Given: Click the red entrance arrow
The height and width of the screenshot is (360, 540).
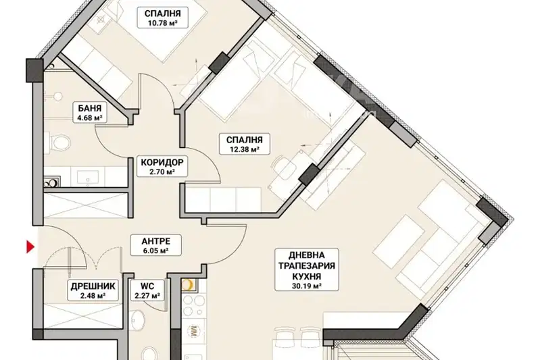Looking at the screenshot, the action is click(30, 247).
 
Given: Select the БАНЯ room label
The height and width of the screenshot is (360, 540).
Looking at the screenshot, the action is click(90, 109).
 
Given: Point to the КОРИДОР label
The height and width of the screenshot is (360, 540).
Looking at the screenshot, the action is click(162, 161).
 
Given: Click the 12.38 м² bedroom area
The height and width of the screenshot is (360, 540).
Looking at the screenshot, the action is click(244, 149).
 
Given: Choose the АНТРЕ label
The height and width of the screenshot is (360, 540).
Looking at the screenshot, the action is click(156, 241).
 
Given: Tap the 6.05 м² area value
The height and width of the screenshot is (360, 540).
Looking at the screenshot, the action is click(156, 251).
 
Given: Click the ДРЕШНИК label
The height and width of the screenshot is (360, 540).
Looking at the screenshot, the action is click(93, 286).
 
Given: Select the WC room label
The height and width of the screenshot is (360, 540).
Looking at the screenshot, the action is click(147, 286).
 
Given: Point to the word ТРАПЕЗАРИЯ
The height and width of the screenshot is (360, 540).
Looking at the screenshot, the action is click(307, 265).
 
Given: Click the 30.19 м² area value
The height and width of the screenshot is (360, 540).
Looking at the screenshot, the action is click(307, 286).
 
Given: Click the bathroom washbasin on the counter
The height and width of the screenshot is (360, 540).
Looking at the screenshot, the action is click(87, 177).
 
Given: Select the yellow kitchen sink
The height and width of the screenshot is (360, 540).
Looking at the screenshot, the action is click(189, 284).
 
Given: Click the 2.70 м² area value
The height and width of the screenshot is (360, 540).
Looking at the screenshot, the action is click(162, 171).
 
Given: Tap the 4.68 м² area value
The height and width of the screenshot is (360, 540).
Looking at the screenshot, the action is click(90, 118).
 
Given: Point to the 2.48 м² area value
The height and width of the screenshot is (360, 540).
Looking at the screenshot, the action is click(93, 296).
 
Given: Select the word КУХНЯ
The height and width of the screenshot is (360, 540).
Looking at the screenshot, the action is click(307, 276).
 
